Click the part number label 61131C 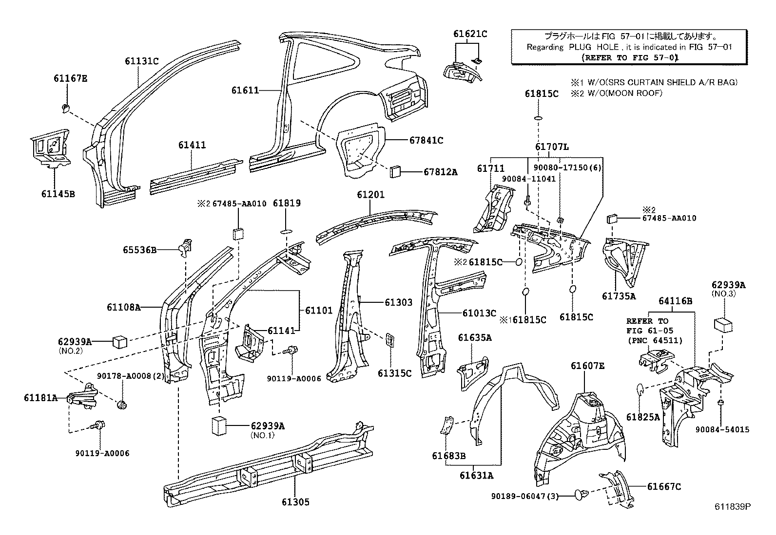tap(141, 61)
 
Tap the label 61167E tap(70, 78)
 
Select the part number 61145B tap(58, 194)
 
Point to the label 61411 tap(192, 145)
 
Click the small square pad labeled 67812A tap(395, 171)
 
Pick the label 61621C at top tap(470, 34)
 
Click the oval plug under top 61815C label tap(538, 118)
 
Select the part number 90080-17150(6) tap(567, 167)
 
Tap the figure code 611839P tap(733, 506)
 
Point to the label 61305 tap(294, 502)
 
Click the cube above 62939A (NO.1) tap(220, 425)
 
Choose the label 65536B tap(139, 250)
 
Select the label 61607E tap(587, 366)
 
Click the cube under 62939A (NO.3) tap(724, 325)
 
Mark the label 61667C tap(664, 486)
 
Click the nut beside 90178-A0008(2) tap(123, 404)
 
